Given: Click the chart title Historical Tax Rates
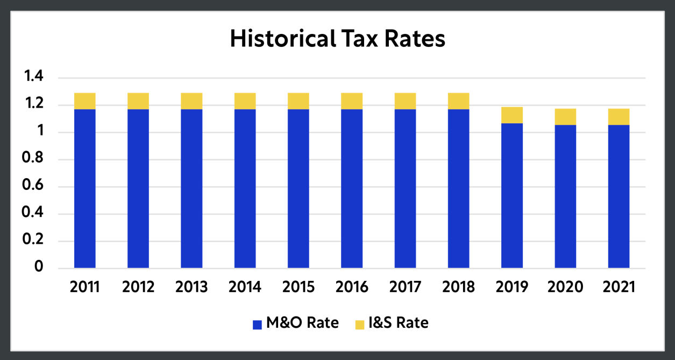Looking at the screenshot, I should click(x=337, y=40).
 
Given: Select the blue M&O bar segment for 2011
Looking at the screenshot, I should click(x=85, y=188).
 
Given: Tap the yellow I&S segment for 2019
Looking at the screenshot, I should click(x=511, y=115).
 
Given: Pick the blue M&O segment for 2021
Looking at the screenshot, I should click(x=619, y=196).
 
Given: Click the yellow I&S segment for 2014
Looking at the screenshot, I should click(x=245, y=101).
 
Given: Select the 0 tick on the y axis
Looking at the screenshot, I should click(x=38, y=267).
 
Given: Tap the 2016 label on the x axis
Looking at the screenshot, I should click(x=352, y=287).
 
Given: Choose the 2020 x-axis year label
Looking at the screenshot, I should click(x=565, y=287).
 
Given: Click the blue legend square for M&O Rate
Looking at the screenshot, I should click(x=257, y=324).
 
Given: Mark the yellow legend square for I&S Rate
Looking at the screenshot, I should click(x=359, y=324).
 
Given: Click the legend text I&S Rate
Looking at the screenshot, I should click(x=399, y=323).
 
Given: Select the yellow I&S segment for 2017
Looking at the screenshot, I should click(x=405, y=101).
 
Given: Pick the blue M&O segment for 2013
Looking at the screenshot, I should click(x=191, y=188).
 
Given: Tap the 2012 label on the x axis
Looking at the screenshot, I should click(x=138, y=287).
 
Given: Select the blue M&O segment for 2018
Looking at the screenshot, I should click(x=458, y=188).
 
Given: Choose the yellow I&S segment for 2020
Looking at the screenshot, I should click(x=565, y=117).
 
